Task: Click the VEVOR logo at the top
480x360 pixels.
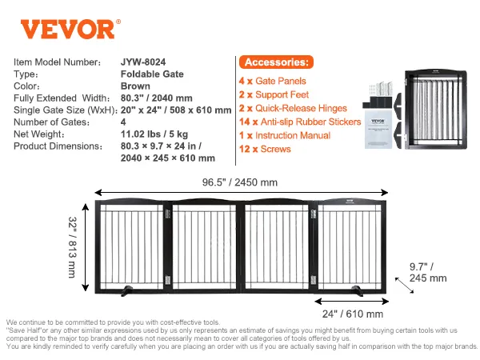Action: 70,29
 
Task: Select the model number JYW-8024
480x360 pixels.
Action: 143,62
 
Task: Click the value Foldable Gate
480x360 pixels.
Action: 152,74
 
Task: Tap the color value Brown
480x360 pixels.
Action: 135,86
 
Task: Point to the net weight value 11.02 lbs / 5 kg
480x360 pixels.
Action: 154,134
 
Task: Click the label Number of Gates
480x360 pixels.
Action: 52,122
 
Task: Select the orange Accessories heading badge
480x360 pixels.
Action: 276,62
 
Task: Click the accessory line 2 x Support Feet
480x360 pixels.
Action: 274,94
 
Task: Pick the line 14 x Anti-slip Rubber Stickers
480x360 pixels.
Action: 300,122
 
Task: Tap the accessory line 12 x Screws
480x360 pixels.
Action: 265,149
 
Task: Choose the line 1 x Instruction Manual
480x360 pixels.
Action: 285,135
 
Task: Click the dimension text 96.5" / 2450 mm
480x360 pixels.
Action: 240,182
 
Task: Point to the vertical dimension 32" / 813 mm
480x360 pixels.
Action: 72,247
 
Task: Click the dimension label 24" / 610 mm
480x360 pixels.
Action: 353,314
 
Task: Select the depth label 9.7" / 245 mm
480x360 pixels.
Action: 428,272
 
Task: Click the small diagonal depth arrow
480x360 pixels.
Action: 404,286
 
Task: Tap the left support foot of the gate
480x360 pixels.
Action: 126,290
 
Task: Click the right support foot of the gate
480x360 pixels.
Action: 357,290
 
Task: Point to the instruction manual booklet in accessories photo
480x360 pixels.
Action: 378,129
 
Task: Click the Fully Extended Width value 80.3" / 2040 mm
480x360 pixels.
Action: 157,98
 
